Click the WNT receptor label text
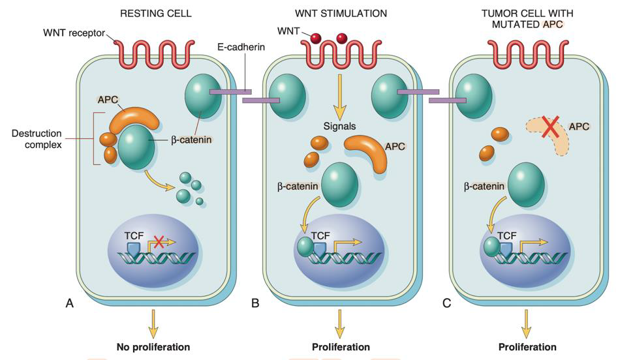[74, 33]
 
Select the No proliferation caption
[153, 347]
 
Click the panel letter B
[255, 303]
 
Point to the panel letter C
[446, 303]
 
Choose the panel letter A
[69, 303]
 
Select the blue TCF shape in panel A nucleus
[133, 250]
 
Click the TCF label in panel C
[508, 237]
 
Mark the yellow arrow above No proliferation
[153, 322]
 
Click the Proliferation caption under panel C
[527, 347]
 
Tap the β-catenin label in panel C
[485, 186]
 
